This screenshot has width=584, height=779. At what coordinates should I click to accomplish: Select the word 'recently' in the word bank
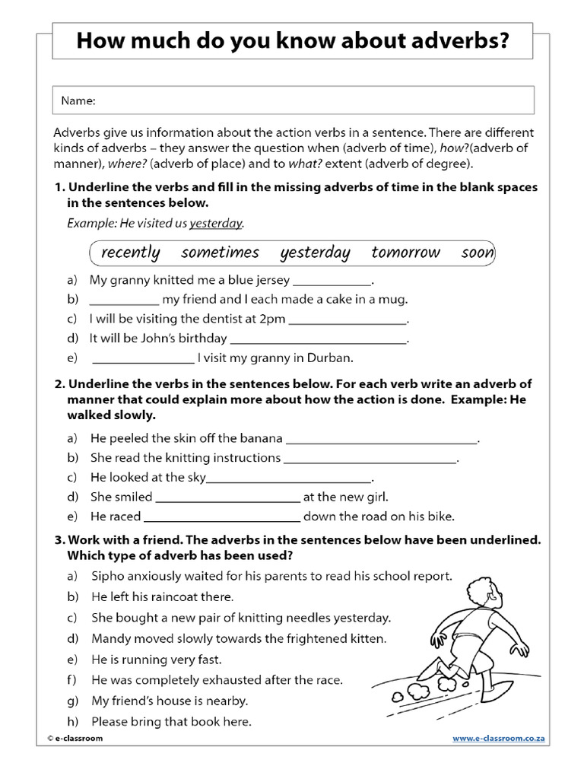point(130,253)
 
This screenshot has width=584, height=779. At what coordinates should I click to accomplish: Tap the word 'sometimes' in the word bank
point(220,253)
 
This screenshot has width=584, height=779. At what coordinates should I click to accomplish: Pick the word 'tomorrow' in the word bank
point(405,253)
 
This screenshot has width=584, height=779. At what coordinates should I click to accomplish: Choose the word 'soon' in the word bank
point(477,253)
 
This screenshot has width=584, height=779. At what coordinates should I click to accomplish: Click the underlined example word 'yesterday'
point(216,224)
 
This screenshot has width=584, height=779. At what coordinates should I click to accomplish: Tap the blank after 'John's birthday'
point(319,339)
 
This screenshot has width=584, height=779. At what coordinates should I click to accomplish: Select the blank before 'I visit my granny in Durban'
point(143,358)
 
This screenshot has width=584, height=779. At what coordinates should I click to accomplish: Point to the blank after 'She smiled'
point(227,498)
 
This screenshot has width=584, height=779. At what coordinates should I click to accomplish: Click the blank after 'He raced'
point(223,517)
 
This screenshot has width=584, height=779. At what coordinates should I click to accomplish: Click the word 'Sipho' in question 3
point(108,577)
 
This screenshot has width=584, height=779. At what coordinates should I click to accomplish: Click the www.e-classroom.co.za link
point(499,739)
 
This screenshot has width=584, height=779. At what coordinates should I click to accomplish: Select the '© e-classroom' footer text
point(74,739)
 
